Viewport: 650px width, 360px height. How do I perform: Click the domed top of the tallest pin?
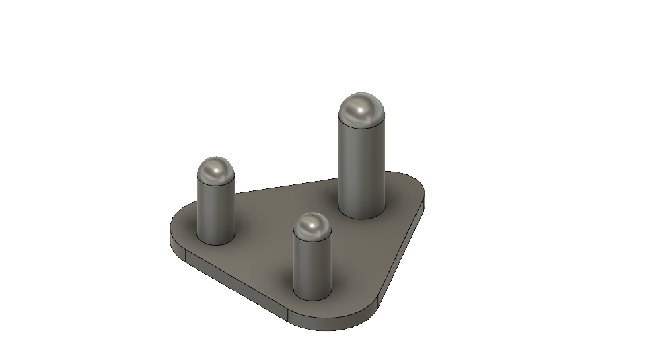(x=362, y=110)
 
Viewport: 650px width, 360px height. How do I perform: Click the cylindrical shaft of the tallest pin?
(x=362, y=168)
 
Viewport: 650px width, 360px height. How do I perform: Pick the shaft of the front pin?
(x=313, y=266)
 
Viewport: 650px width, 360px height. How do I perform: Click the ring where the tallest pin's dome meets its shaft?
(x=362, y=124)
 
